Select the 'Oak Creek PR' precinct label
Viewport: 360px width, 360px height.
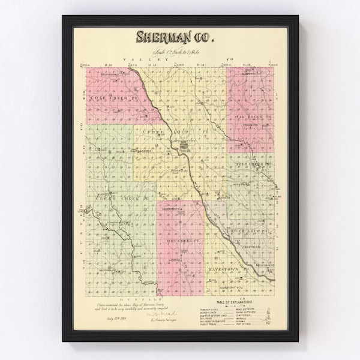(252, 116)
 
